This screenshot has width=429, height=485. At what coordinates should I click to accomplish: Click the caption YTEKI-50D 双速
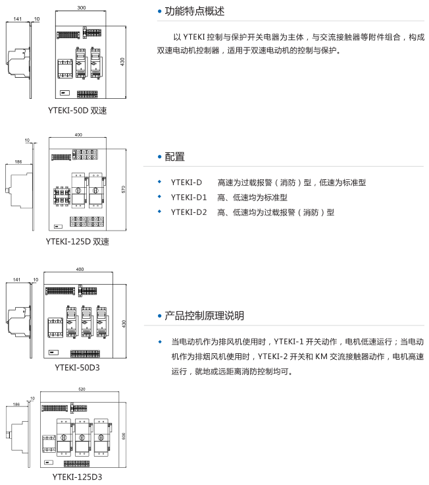click(x=77, y=110)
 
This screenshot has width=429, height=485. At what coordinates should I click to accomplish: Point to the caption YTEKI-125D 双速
click(x=77, y=241)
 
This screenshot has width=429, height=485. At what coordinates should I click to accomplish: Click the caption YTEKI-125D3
click(x=77, y=476)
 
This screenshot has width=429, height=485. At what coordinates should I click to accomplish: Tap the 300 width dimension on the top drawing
click(x=81, y=9)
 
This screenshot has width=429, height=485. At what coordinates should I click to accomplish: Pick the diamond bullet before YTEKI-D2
click(x=159, y=212)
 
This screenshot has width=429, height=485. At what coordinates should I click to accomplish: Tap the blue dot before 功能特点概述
click(x=159, y=11)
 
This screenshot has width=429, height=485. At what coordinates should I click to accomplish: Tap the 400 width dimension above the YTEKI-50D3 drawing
click(x=81, y=269)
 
